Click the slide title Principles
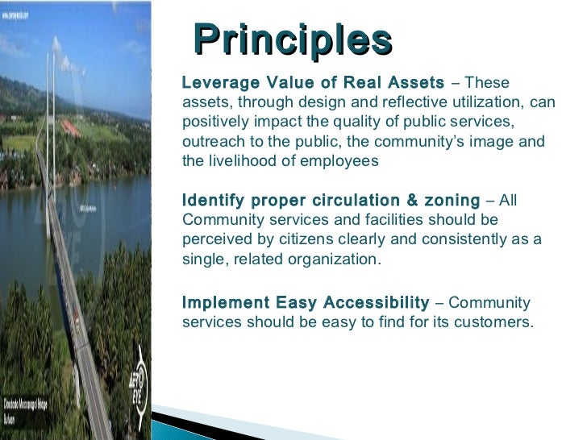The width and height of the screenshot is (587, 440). [x=293, y=39]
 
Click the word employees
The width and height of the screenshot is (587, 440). [x=339, y=160]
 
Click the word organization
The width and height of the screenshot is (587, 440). [x=335, y=259]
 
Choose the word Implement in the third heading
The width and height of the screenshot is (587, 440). [x=225, y=303]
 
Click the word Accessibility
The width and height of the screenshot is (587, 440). [x=376, y=303]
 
